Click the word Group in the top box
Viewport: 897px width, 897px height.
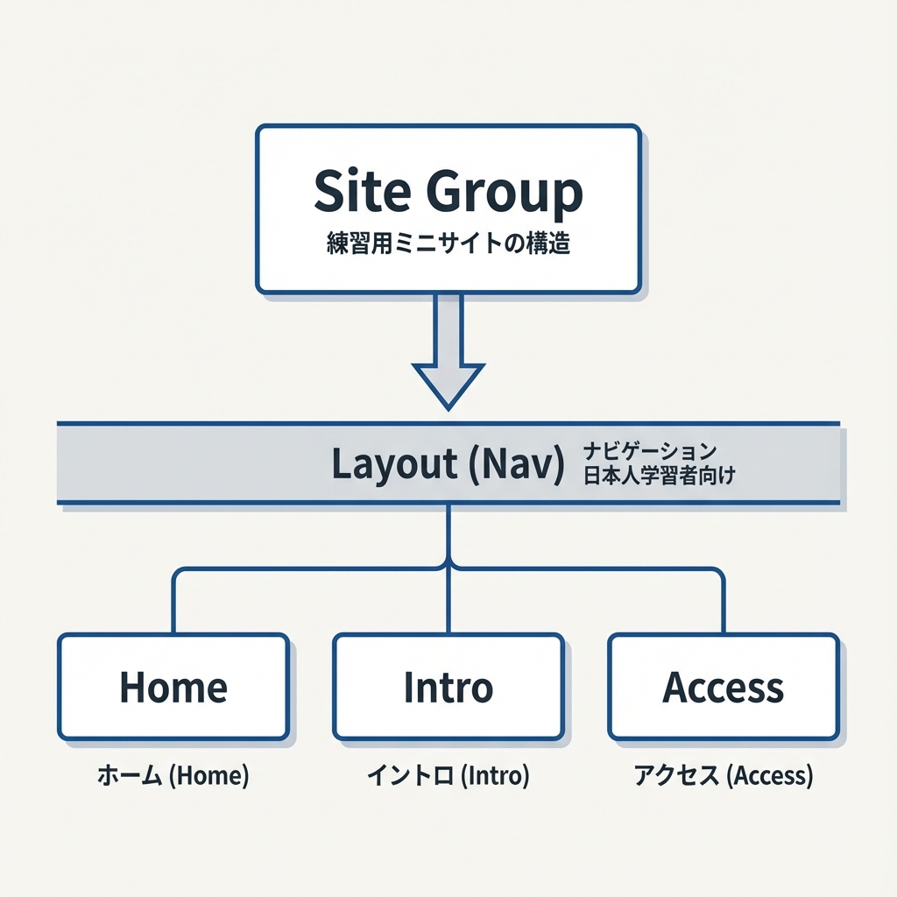(505, 193)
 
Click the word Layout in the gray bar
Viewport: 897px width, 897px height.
(394, 464)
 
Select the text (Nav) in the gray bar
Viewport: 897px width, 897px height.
(516, 464)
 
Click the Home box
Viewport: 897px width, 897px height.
(173, 687)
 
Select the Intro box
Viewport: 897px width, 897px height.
(448, 687)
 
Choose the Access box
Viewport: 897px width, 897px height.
(724, 687)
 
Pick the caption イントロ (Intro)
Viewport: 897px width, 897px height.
(448, 775)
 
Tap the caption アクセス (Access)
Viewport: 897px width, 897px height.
(724, 775)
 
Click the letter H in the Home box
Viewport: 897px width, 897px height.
(131, 688)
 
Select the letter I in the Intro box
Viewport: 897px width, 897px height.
(408, 688)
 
